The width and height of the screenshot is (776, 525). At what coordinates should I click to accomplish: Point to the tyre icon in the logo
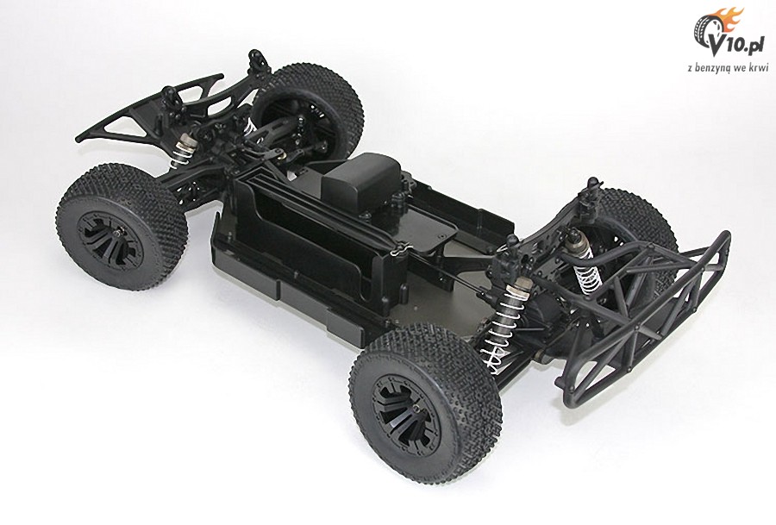pos(707,31)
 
